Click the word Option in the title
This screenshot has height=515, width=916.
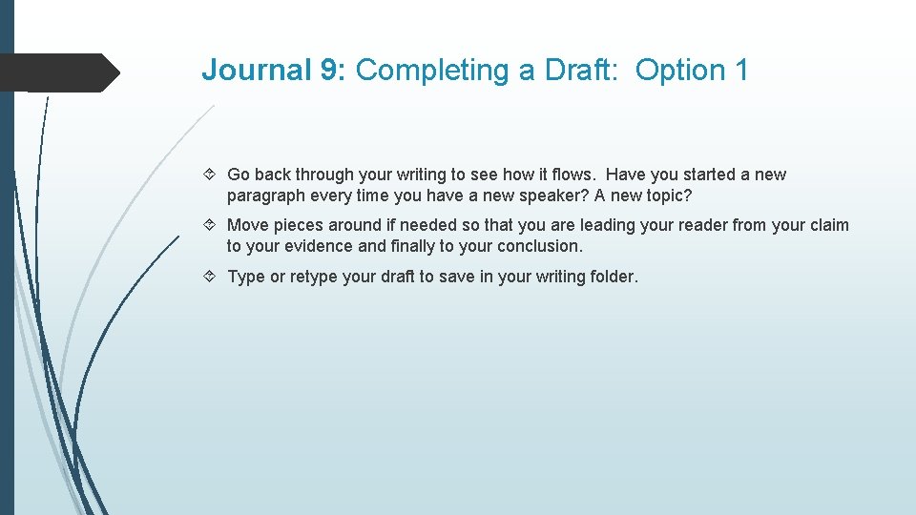coord(679,71)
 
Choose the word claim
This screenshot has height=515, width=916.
coord(828,226)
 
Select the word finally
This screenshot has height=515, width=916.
coord(416,246)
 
